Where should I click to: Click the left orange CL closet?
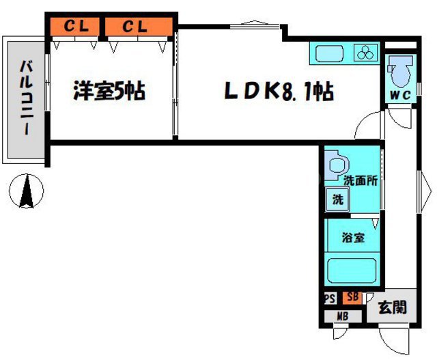point(76,27)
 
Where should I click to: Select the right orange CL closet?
point(137,27)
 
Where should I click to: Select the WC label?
point(399,96)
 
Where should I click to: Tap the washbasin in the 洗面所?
point(337,165)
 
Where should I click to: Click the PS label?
point(329,299)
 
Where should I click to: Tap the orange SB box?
point(352,297)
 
